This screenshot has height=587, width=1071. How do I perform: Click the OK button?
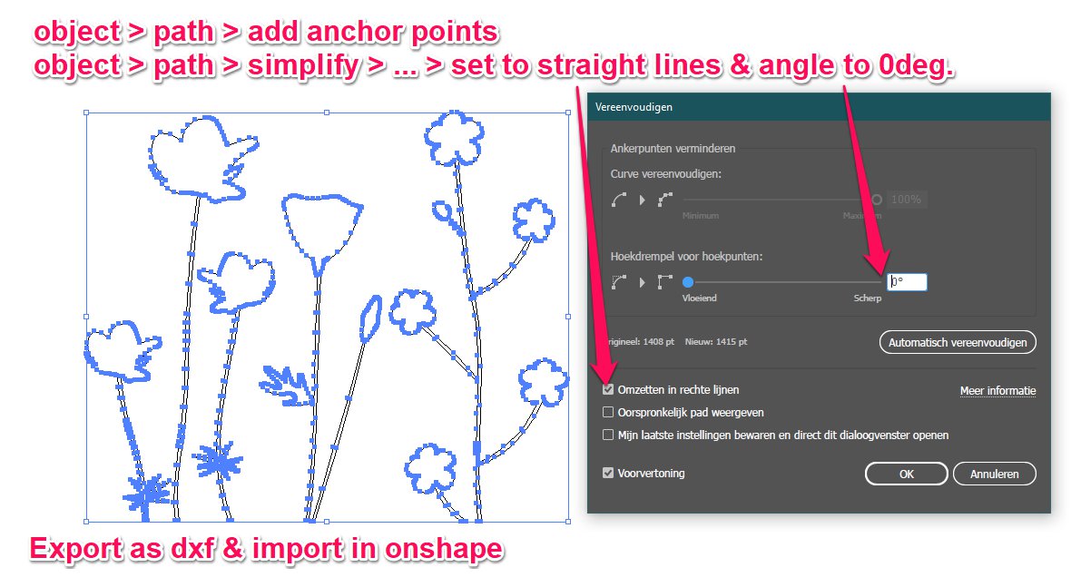906,474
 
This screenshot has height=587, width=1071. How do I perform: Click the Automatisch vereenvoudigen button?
957,343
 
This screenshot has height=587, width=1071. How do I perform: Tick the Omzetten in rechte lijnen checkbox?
608,390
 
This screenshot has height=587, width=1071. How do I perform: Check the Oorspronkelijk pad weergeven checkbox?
608,412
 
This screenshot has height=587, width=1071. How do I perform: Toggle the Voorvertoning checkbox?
608,473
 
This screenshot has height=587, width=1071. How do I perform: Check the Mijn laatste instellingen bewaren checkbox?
608,435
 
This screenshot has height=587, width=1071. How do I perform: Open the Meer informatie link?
997,391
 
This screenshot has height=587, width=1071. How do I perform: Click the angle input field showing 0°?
907,282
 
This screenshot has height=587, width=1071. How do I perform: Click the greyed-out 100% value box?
907,200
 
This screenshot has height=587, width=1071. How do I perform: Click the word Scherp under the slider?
868,298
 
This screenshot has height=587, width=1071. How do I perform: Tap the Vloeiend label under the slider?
700,298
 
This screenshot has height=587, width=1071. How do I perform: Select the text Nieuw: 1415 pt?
716,342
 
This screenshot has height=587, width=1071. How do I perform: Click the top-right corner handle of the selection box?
568,113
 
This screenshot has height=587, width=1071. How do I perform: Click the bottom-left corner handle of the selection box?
86,522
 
